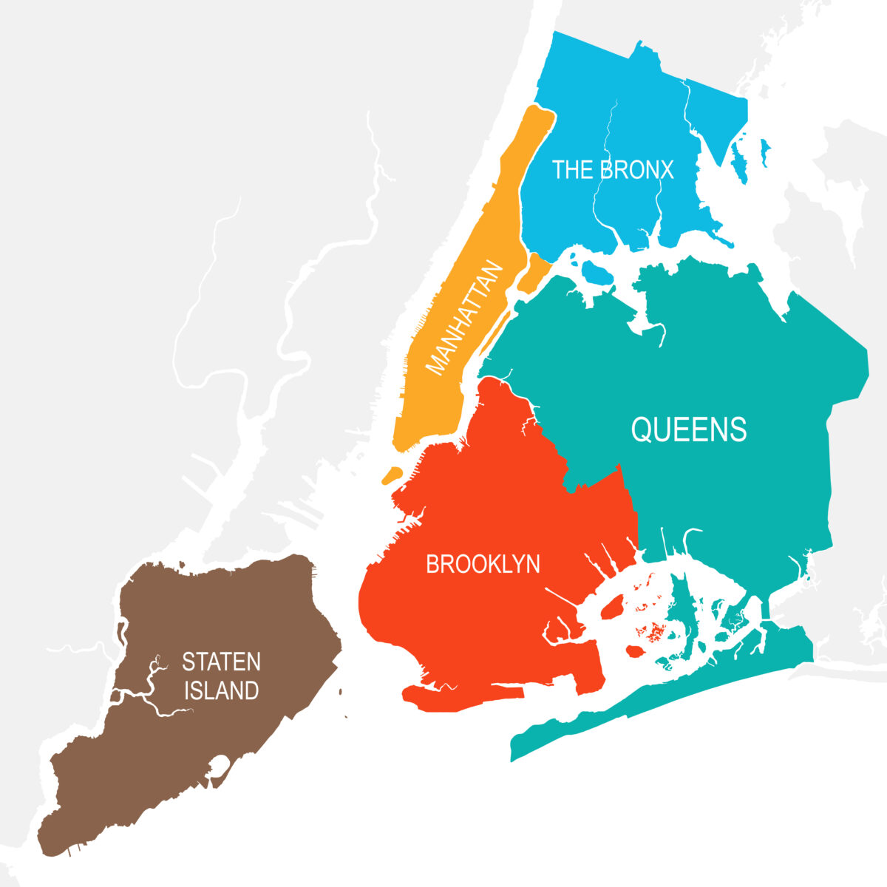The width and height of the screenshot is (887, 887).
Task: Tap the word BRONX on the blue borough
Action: click(637, 170)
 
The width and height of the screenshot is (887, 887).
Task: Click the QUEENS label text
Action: click(689, 429)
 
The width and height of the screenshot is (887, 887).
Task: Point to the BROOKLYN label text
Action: click(483, 565)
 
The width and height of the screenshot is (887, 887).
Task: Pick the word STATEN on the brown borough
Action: click(221, 661)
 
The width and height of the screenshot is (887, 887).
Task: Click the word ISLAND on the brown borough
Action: click(221, 690)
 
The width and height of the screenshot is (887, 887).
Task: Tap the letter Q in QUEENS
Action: click(641, 429)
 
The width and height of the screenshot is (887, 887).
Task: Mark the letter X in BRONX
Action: click(666, 170)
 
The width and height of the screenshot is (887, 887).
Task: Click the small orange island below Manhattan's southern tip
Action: click(391, 475)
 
